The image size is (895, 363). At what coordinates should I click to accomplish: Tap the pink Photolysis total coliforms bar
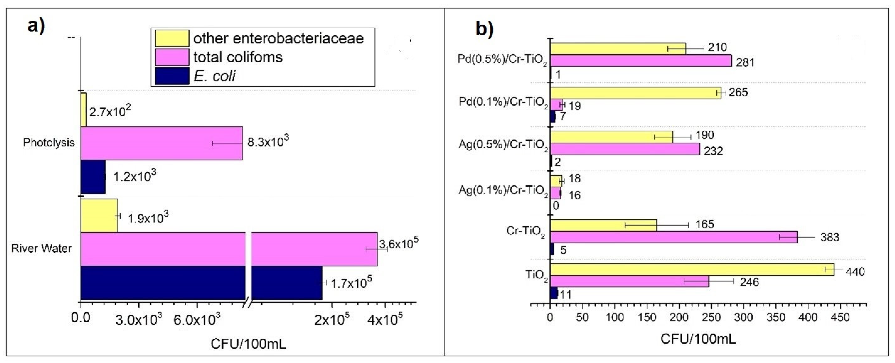(x=162, y=143)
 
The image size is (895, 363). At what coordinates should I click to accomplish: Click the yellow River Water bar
(x=99, y=216)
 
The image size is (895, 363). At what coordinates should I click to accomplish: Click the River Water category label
(x=41, y=248)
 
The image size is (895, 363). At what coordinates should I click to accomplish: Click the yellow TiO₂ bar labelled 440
(x=692, y=270)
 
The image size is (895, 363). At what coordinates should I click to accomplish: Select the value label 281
(x=745, y=63)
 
